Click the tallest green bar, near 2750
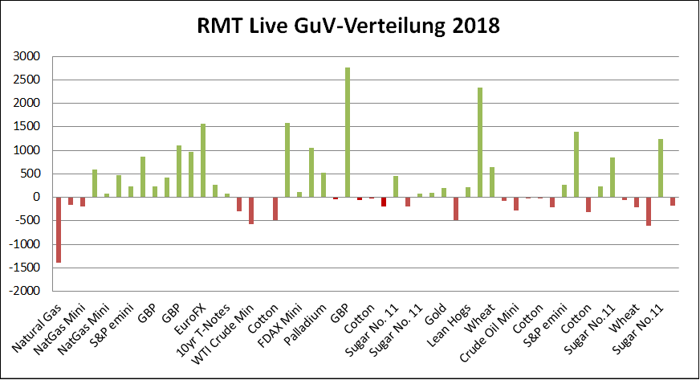point(348,133)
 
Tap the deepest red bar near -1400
point(59,230)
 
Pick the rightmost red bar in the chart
point(672,201)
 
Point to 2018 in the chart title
point(475,26)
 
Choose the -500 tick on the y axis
point(27,221)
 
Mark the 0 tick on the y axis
point(36,198)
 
